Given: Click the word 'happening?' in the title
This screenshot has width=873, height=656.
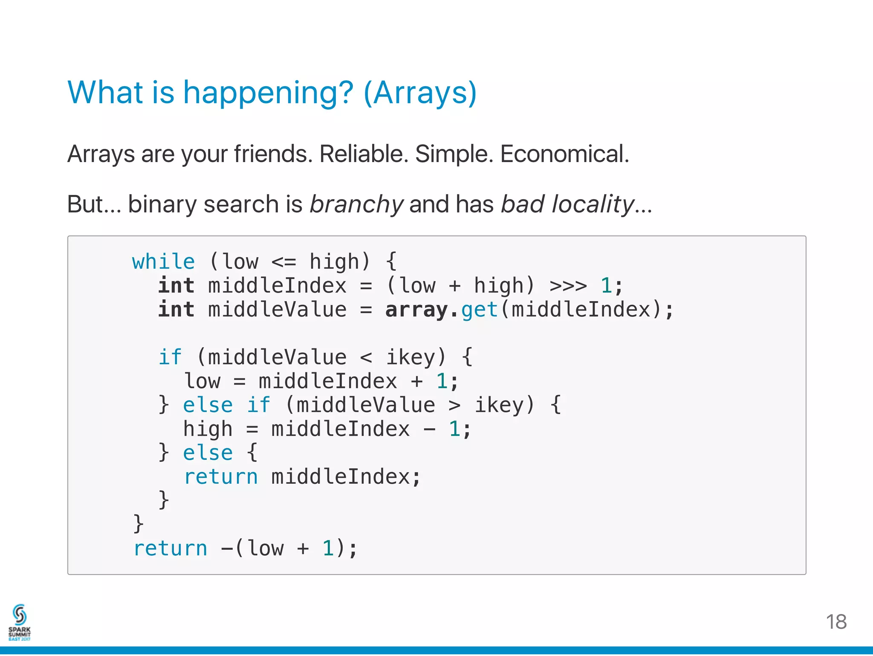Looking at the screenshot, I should point(268,93).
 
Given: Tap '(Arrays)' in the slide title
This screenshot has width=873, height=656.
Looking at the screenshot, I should point(420,93).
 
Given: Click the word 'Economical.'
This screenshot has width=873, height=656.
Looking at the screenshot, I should point(564,154).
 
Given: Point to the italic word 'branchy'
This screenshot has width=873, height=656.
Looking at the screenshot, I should point(356,204).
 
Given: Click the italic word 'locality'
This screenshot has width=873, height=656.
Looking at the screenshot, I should point(593,204).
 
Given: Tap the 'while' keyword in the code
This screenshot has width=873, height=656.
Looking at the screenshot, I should point(163,261).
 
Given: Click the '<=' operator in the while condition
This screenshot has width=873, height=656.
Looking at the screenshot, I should point(283,261).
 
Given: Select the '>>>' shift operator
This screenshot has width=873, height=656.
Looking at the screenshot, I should point(568,285).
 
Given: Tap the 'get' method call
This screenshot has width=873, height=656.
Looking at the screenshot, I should point(480,310).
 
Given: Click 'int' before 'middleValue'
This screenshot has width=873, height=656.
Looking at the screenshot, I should point(176,310).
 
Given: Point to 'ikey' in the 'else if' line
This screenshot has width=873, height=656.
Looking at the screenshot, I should point(499,405).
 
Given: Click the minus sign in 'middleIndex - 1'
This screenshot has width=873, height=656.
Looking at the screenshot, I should point(429,429).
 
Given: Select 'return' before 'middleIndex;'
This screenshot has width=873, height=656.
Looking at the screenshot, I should point(221,477).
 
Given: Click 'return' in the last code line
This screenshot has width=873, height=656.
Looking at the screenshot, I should point(170,549).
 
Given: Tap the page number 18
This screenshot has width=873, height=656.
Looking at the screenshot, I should point(836,622).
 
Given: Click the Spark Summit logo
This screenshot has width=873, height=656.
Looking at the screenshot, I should point(20,622).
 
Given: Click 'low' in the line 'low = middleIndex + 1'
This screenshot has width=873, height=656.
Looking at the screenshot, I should point(202,381).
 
